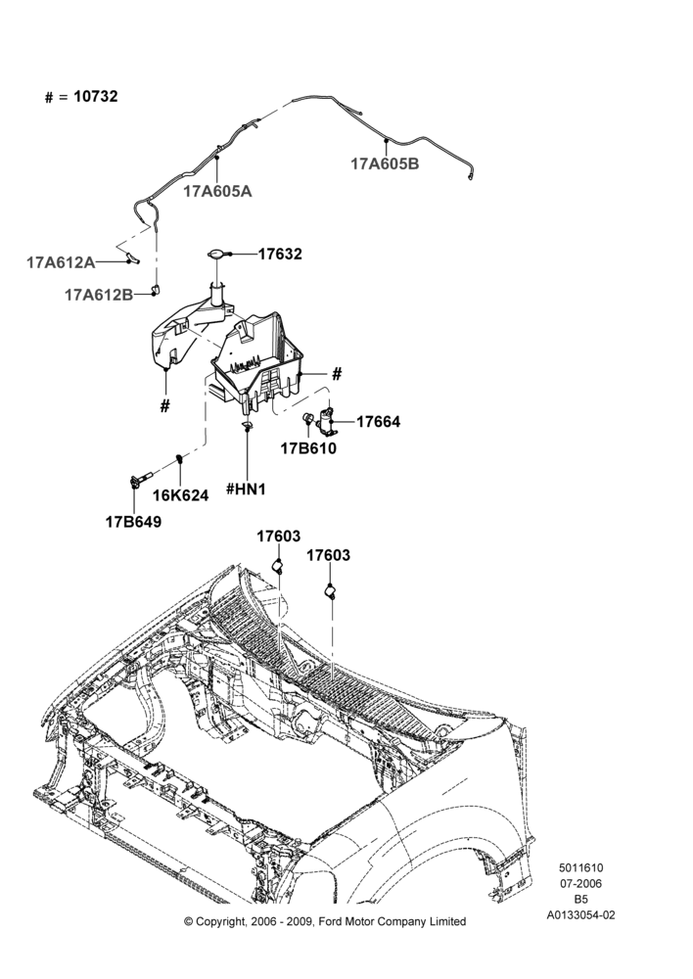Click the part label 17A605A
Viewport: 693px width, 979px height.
pos(217,191)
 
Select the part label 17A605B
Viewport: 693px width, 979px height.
pos(385,163)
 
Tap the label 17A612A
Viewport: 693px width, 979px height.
pos(61,262)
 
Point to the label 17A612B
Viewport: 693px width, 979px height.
pos(99,295)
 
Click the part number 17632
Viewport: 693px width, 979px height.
pos(280,255)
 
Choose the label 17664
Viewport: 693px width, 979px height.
pos(379,421)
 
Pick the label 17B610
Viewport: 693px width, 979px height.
pos(308,448)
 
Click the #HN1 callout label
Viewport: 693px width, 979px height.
pos(246,489)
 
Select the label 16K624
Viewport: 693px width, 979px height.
pos(181,495)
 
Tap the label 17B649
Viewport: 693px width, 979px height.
pos(133,522)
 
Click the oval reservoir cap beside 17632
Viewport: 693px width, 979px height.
pos(216,253)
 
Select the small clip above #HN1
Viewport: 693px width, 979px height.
pos(248,426)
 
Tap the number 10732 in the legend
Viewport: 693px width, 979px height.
pos(96,97)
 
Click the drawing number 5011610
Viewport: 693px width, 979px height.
pos(580,867)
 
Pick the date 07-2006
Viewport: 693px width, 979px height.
pos(580,883)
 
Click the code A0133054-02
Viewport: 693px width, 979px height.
pos(580,915)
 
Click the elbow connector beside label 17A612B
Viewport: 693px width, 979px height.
pos(156,289)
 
